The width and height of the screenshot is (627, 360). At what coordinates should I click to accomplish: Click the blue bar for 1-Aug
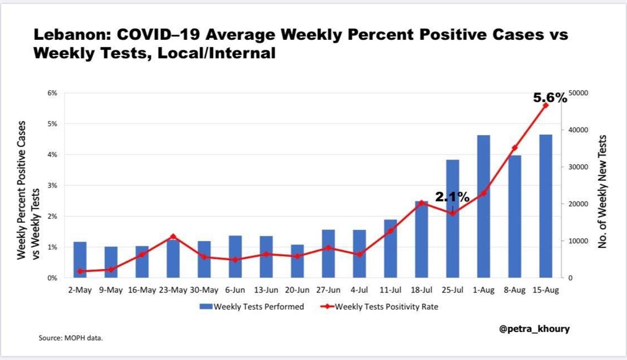483,213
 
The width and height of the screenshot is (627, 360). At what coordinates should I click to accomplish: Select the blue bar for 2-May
80,260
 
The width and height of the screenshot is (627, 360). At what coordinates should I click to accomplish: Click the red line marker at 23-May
173,237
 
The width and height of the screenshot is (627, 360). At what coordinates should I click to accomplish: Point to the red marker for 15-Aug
545,105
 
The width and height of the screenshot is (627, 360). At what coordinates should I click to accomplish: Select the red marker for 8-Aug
514,148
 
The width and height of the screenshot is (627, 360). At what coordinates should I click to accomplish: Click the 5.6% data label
550,98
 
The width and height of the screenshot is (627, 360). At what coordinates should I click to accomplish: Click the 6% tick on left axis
53,93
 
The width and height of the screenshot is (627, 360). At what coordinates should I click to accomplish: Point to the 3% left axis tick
53,186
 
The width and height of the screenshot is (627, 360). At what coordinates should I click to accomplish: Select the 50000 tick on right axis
579,93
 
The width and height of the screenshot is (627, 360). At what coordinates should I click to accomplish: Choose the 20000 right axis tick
579,204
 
